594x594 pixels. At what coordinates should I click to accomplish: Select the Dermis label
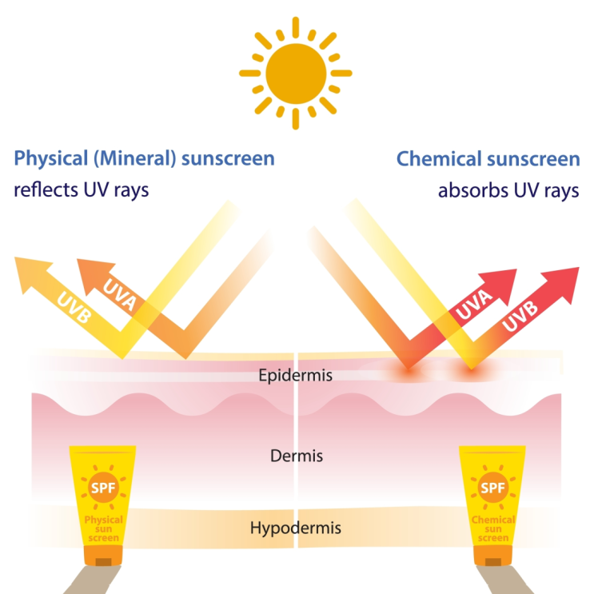click(297, 456)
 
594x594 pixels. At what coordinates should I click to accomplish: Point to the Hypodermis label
click(296, 528)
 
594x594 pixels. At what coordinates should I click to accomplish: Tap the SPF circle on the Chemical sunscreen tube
click(492, 488)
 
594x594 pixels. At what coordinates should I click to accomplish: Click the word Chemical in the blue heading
click(437, 158)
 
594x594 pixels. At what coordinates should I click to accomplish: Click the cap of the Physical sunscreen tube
click(103, 556)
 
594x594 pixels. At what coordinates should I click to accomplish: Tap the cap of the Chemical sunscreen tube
click(492, 556)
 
